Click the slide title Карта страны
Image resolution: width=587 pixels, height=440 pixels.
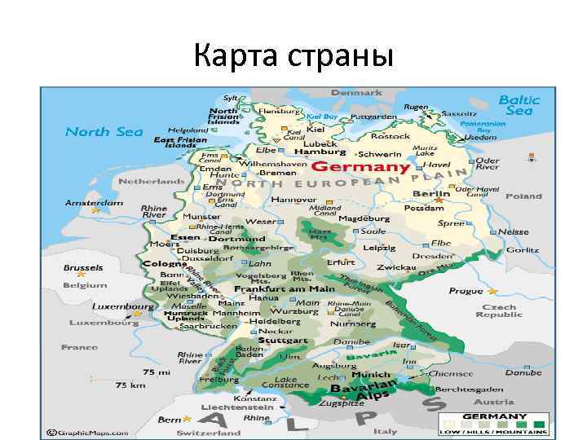tap(293, 57)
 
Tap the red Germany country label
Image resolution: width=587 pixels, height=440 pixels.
tap(361, 167)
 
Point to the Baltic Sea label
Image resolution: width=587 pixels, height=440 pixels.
tap(519, 105)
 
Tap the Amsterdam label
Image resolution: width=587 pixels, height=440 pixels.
tap(94, 201)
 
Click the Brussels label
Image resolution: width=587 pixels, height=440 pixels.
tap(84, 267)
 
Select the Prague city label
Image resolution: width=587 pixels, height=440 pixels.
tap(466, 291)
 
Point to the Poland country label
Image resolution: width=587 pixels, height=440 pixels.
tap(523, 196)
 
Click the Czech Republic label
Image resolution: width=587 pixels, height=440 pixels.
tap(498, 311)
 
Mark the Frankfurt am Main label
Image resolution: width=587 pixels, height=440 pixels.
tap(285, 289)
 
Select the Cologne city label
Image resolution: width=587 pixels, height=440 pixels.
tap(165, 264)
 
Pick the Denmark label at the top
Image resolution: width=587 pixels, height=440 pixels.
tap(356, 93)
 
